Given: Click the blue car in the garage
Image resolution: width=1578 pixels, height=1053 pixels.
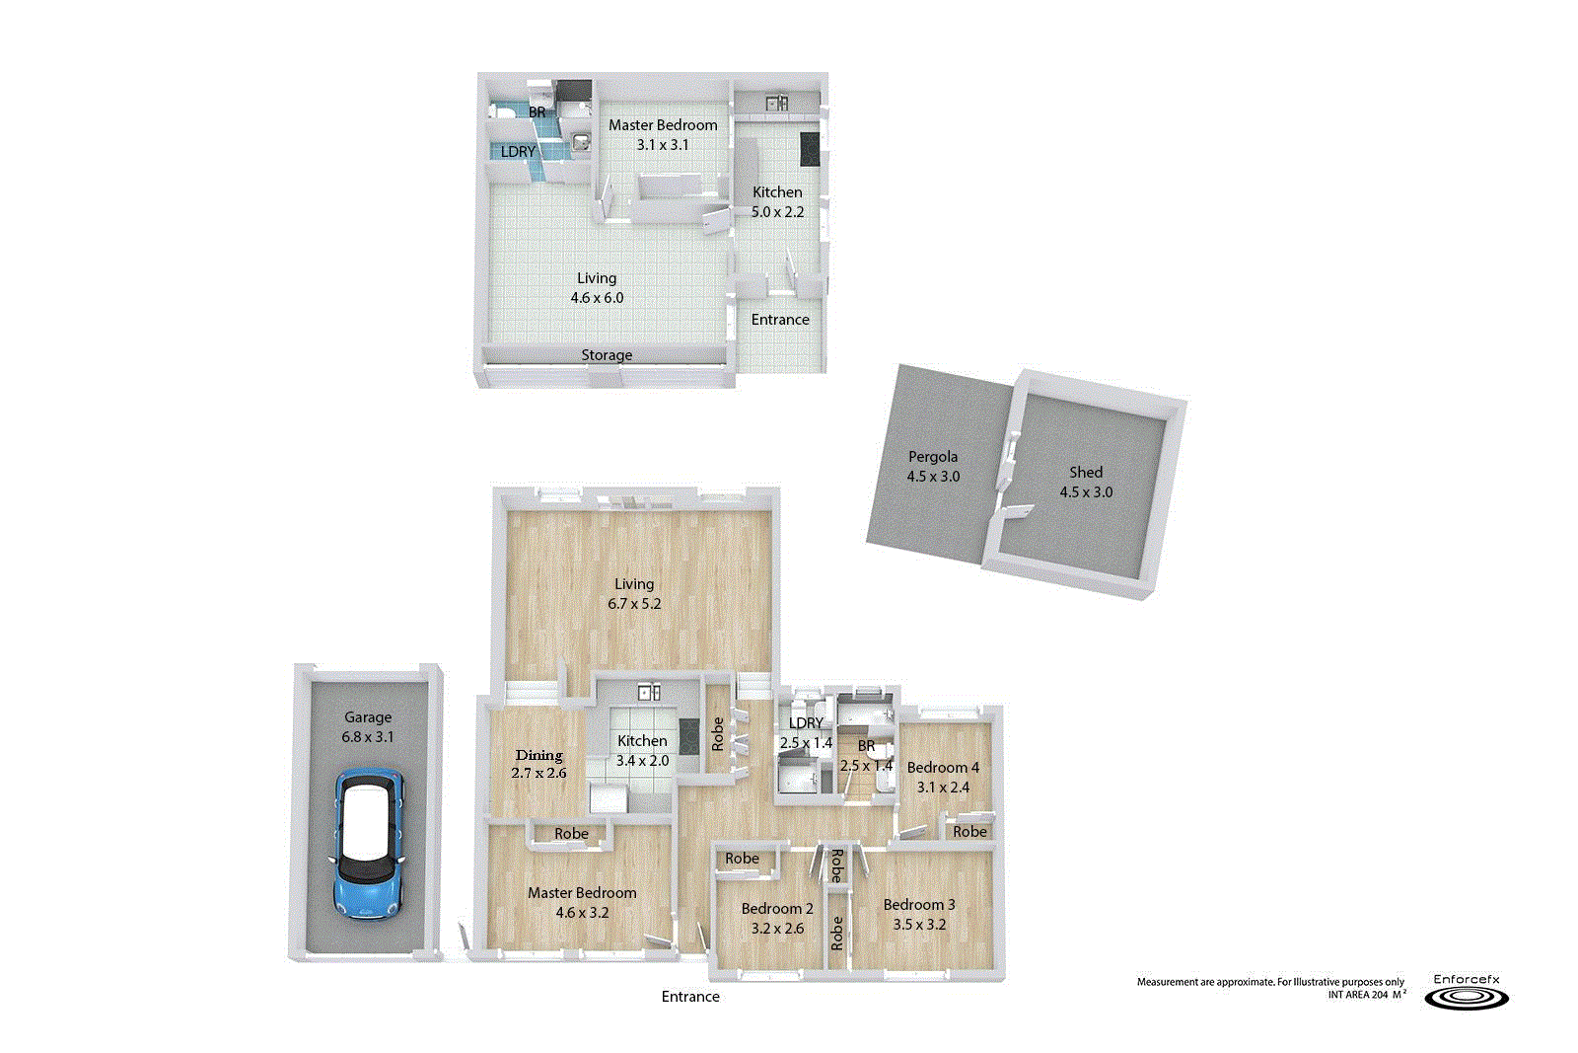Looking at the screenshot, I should (369, 844).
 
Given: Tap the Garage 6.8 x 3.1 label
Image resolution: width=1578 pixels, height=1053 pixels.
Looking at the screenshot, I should (368, 727).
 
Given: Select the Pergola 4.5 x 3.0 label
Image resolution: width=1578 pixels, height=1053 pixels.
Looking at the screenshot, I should (933, 466).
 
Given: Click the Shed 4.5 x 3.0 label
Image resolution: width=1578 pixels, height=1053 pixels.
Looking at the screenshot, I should (1086, 482).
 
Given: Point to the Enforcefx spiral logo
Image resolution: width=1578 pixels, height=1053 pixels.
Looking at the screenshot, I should (1467, 999).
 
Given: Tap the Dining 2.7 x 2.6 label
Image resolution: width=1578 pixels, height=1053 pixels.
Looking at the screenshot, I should (538, 764).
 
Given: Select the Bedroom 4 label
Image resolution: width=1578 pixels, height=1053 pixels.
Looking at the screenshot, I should (943, 767).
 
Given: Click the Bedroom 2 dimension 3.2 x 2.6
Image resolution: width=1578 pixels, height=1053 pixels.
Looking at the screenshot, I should (777, 929).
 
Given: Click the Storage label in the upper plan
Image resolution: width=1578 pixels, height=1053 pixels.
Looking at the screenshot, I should (607, 355).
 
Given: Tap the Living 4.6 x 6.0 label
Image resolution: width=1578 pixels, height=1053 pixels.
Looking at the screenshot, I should (597, 288).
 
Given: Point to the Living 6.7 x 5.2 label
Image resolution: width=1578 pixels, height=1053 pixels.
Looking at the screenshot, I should (634, 593).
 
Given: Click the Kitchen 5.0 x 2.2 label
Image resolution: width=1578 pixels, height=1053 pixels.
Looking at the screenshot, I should (777, 201).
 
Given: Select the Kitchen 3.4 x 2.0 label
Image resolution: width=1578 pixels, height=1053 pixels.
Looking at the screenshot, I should (642, 750).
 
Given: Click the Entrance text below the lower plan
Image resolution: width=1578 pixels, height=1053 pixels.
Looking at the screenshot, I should (690, 997).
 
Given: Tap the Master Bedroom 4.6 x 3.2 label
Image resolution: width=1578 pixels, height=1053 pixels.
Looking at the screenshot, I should (582, 902).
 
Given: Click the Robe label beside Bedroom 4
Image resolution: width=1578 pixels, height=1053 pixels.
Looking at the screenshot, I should (969, 832).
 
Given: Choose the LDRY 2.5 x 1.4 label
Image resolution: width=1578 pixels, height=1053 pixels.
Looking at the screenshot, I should (806, 733).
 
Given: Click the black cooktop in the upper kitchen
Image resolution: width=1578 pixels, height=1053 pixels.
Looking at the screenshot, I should (810, 149).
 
